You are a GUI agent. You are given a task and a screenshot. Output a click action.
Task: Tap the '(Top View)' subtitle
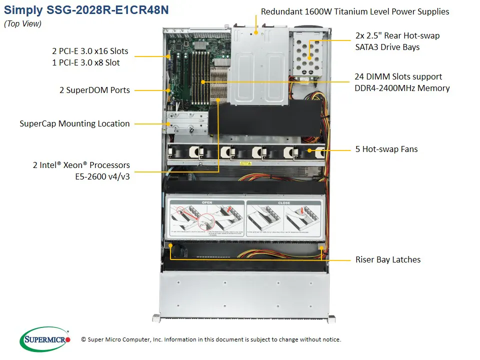point(23,23)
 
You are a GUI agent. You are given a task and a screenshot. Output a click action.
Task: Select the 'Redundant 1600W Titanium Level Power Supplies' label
point(355,11)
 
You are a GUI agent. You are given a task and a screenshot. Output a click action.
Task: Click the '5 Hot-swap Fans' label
point(386,149)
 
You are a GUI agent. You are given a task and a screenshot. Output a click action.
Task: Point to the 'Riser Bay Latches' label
point(388,259)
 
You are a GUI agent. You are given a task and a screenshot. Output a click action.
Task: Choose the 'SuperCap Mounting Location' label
point(75,123)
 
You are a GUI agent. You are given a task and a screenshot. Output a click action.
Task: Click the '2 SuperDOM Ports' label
point(94,90)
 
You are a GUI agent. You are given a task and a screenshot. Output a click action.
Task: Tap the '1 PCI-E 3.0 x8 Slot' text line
point(85,62)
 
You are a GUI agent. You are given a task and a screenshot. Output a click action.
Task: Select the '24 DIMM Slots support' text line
point(398,76)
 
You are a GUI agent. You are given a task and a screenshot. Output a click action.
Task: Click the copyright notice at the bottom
point(211,339)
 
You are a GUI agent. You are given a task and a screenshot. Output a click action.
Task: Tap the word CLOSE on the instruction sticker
point(283,203)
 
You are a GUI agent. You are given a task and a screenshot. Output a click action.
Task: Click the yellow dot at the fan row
point(309,149)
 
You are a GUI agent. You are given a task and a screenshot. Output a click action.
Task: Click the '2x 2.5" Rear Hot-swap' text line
point(398,35)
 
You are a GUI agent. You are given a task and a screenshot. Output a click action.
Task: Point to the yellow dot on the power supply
point(255,32)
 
